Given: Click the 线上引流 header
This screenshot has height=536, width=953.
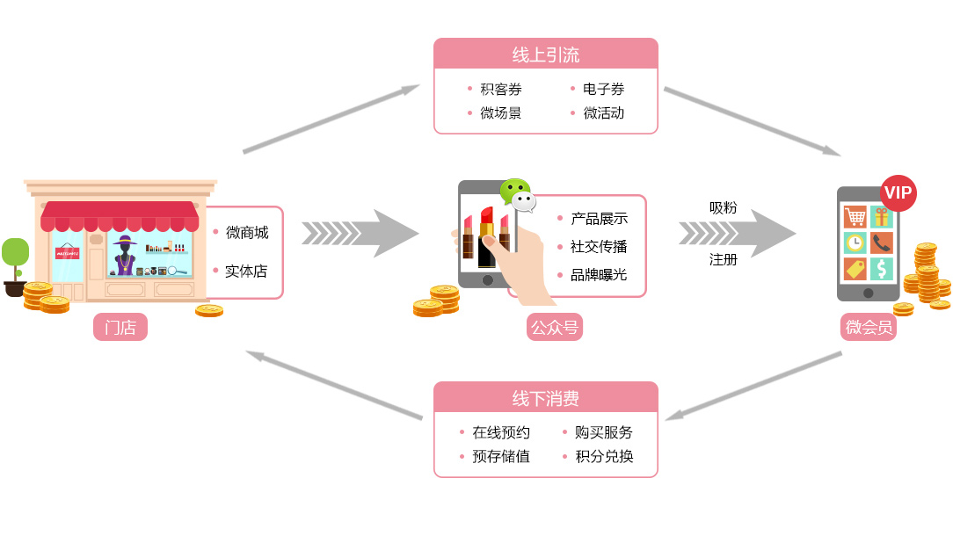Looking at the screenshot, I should click(545, 54).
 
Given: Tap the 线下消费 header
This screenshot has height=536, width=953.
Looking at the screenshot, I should click(545, 398).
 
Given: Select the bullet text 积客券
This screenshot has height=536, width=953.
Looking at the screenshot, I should click(501, 90).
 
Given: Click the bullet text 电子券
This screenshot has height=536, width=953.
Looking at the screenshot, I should click(604, 90).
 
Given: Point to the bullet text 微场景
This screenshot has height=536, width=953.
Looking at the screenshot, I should click(501, 113).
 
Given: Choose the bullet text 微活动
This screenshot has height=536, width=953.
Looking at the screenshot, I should click(604, 113).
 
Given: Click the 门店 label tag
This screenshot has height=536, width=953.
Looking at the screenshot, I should click(120, 328).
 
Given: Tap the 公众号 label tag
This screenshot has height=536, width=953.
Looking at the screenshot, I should click(556, 328).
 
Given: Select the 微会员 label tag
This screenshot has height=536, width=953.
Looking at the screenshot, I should click(869, 328).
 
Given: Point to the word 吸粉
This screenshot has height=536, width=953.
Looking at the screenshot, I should click(724, 208).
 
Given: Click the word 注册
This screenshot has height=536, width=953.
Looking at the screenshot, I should click(724, 260).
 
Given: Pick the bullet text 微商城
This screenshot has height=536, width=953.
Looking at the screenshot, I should click(247, 233).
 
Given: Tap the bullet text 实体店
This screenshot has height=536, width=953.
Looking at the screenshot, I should click(246, 272).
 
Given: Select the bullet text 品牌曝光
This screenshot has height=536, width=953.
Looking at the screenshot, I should click(599, 275).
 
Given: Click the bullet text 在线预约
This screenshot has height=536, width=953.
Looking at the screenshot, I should click(501, 432).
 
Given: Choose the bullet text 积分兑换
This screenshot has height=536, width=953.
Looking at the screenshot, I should click(604, 457).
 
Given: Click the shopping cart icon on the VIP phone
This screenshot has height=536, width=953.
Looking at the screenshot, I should click(855, 216).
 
